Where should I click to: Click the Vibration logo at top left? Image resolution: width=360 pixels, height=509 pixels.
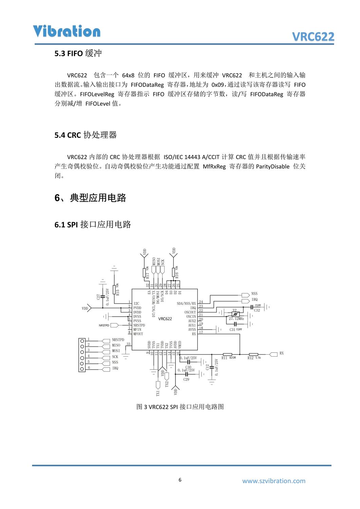pyautogui.click(x=67, y=31)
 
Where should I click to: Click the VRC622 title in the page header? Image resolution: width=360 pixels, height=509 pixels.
pyautogui.click(x=313, y=37)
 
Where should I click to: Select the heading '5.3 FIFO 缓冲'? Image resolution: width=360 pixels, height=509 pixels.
pyautogui.click(x=78, y=54)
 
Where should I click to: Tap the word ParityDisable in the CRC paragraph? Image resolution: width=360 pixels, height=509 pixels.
pyautogui.click(x=272, y=167)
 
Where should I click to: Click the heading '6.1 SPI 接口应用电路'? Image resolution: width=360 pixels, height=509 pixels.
pyautogui.click(x=93, y=225)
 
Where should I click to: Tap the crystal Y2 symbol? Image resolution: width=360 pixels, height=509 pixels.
pyautogui.click(x=234, y=314)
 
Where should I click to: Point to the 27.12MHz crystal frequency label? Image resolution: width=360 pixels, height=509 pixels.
pyautogui.click(x=236, y=319)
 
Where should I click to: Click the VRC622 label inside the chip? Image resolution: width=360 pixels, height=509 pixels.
pyautogui.click(x=165, y=319)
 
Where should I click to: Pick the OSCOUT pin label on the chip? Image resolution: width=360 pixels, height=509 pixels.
pyautogui.click(x=190, y=312)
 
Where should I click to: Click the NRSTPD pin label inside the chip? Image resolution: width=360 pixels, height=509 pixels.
pyautogui.click(x=139, y=325)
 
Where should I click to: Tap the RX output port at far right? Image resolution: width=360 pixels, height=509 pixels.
pyautogui.click(x=273, y=354)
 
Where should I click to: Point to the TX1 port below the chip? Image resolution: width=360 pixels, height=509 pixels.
pyautogui.click(x=158, y=385)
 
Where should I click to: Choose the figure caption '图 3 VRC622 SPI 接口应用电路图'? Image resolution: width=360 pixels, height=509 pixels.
pyautogui.click(x=180, y=407)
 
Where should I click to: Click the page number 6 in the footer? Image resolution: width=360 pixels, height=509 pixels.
pyautogui.click(x=180, y=480)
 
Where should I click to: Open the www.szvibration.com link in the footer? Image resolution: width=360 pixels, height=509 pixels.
pyautogui.click(x=273, y=481)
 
